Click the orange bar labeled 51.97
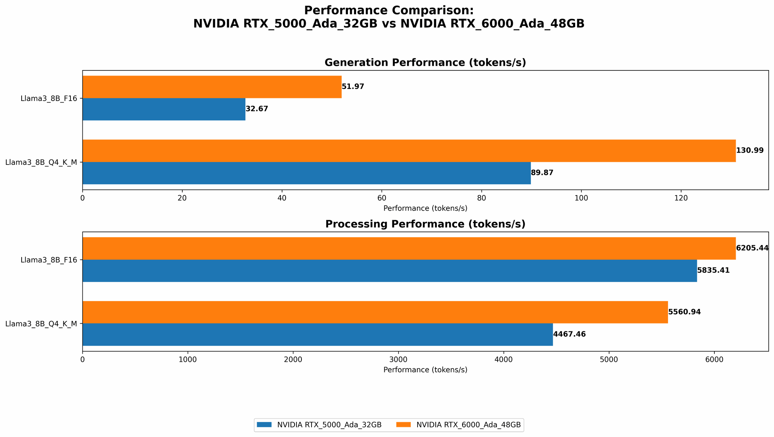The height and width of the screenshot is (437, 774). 212,87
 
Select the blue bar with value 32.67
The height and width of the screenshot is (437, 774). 164,109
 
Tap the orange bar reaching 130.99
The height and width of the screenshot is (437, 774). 409,151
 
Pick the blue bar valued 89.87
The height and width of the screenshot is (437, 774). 306,173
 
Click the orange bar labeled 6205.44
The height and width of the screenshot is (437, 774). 409,248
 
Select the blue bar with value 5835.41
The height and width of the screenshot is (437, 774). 389,271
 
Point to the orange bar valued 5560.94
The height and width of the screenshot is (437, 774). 375,312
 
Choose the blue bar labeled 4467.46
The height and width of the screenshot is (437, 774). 317,334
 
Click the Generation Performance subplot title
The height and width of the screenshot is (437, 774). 425,63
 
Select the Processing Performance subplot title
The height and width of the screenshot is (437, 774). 425,224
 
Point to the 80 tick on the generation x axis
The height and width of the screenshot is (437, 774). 481,198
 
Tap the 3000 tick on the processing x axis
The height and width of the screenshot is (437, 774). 398,359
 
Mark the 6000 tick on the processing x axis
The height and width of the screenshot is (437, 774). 714,359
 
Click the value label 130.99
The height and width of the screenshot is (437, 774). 750,151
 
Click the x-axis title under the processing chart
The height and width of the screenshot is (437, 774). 425,370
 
